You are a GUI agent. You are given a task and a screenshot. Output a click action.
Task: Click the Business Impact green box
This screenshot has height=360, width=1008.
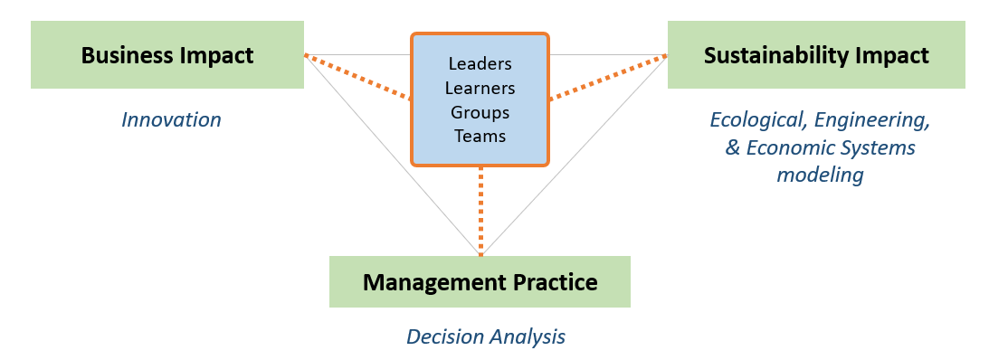pos(167,55)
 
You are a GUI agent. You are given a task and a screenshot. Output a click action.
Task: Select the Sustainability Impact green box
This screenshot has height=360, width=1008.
pos(816,55)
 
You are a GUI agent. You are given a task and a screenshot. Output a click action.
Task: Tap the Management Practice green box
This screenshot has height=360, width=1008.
pos(480,281)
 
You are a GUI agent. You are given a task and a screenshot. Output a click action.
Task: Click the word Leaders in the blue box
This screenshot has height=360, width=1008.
pos(480,64)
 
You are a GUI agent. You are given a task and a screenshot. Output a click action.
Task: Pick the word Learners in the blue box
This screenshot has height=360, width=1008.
pos(480,89)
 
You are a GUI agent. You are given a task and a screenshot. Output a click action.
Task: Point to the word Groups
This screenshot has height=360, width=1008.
pos(480,113)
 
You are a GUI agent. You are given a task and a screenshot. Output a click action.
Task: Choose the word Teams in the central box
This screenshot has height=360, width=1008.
pos(480,137)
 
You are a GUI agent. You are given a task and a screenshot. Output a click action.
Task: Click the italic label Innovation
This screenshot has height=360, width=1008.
pos(171,119)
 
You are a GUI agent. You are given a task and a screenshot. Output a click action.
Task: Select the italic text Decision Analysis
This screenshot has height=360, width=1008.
pos(485,336)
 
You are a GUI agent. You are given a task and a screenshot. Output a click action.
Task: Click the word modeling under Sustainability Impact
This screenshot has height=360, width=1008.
pos(820,175)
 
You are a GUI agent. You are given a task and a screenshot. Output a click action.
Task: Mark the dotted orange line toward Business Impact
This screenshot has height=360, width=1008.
pos(357,76)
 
